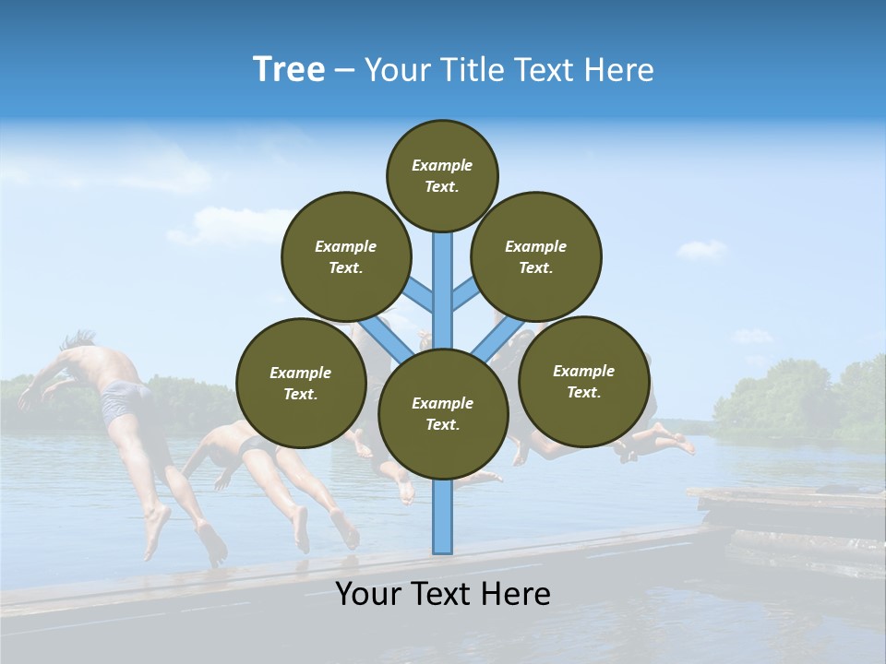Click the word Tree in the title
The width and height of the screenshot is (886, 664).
coord(289,70)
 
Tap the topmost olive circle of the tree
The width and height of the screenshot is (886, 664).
coord(442,175)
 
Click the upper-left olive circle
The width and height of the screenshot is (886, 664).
coord(346,256)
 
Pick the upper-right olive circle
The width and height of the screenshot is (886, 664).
coord(536,256)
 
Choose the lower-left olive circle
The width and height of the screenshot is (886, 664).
coord(301,383)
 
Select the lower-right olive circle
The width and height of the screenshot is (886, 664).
coord(584,381)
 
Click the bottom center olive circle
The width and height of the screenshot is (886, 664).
coord(443,413)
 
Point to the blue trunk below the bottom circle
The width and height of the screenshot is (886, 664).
coord(443,516)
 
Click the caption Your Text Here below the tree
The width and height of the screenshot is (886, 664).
coord(443,594)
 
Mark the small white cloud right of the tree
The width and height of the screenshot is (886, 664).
coord(701,249)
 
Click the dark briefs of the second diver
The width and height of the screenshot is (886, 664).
coord(254,448)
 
